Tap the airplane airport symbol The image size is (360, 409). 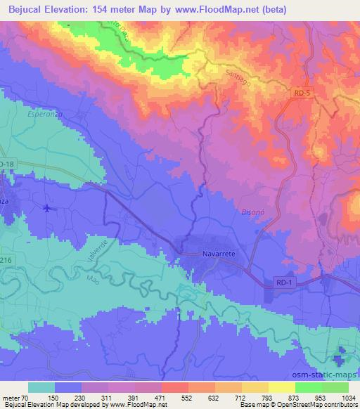(46, 208)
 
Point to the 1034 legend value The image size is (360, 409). (348, 397)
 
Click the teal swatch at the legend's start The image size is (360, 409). (41, 387)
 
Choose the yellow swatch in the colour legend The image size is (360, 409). (280, 387)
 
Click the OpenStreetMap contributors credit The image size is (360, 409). (316, 405)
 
